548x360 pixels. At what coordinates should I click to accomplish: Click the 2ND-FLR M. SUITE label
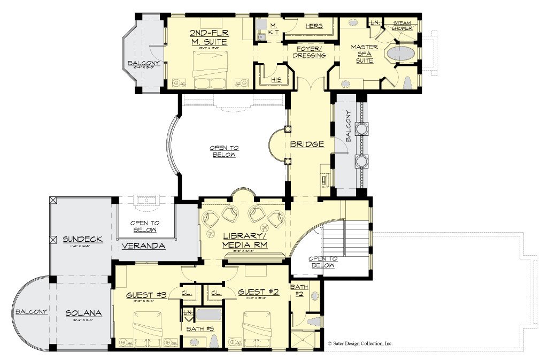point(209,37)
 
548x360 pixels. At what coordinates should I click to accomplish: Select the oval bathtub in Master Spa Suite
point(402,54)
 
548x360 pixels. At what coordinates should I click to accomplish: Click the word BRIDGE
point(307,144)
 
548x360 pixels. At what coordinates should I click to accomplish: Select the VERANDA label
point(142,246)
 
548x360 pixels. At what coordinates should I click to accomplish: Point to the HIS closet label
point(276,79)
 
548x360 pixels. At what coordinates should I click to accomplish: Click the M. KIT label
point(273,29)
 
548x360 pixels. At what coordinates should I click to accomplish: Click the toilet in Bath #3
point(213,340)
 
